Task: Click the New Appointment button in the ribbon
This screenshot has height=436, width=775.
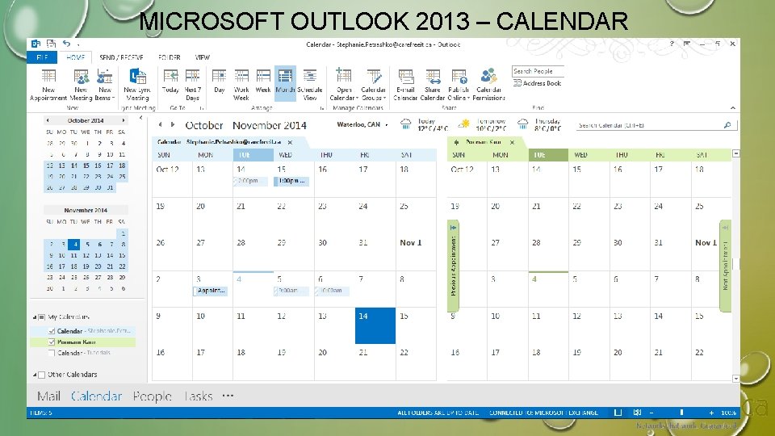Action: tap(48, 84)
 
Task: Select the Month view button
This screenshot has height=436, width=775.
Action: tap(285, 84)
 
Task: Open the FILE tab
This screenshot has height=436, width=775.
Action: tap(40, 57)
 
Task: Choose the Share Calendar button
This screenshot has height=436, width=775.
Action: tap(433, 84)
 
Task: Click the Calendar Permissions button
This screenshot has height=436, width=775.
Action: tap(488, 84)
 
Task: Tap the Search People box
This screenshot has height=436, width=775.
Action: tap(538, 71)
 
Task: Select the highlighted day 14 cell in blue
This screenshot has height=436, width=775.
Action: tap(375, 325)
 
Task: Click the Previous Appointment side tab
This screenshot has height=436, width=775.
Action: tap(453, 260)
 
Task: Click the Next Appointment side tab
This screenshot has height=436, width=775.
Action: tap(725, 266)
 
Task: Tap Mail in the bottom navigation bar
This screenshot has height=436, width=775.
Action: tap(48, 396)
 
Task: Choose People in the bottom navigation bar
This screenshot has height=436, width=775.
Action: tap(152, 396)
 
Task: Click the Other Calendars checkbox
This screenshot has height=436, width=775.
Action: tap(42, 375)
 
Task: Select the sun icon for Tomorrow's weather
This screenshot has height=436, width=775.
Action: tap(464, 124)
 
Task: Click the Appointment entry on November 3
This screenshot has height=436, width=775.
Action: tap(212, 291)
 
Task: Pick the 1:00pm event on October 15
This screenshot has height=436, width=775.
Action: tap(291, 182)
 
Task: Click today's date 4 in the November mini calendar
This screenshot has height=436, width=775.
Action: tap(73, 244)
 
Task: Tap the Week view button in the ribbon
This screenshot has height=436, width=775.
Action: tap(263, 84)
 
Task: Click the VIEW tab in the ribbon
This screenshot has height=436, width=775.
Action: tap(202, 57)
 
